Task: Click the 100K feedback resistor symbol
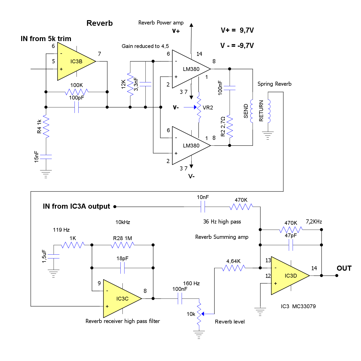pos(77,92)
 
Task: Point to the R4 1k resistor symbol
pos(46,126)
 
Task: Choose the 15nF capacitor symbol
pos(46,157)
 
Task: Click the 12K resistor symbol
pos(130,84)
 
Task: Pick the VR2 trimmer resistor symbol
pos(199,107)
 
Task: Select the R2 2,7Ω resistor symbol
pos(230,126)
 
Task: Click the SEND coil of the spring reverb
pos(252,111)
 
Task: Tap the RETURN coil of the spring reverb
pos(269,111)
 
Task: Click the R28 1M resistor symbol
pos(122,245)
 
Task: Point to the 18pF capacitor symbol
pos(122,268)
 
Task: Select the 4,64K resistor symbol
pos(233,268)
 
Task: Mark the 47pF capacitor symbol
pos(291,245)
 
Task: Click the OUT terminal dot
pos(337,276)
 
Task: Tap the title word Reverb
pos(99,23)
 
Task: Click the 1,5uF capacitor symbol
pos(54,256)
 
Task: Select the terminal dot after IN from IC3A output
pos(115,207)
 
